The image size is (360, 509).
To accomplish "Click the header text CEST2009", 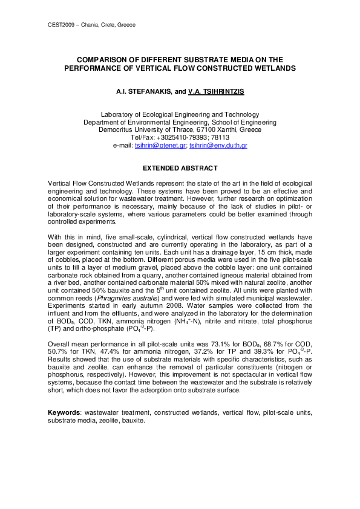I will [x=60, y=25].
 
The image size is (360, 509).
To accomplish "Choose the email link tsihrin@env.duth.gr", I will [x=218, y=146].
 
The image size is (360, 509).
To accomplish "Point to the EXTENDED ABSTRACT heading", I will [x=180, y=167].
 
